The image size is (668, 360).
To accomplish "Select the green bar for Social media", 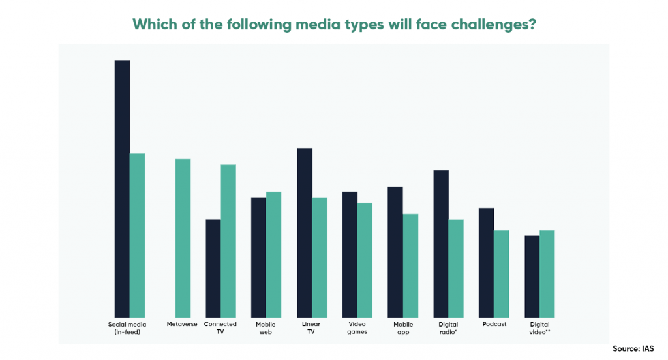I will [x=137, y=235].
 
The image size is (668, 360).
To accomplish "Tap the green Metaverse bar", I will [x=183, y=237].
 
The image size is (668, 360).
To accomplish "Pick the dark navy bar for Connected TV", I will [x=213, y=267].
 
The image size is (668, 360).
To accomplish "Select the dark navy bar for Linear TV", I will [x=305, y=232].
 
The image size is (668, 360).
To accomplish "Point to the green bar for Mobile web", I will [x=274, y=254].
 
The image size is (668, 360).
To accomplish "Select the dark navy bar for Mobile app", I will [x=395, y=251].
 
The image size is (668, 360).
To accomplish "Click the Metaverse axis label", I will [x=182, y=324].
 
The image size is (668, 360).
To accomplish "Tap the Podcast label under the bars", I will [x=494, y=324].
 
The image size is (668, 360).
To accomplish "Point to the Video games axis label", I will [x=357, y=327].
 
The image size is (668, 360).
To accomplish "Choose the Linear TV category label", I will [x=312, y=327].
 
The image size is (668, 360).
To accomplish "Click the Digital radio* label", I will [x=449, y=327].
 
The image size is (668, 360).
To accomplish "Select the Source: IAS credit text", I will [x=633, y=348].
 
